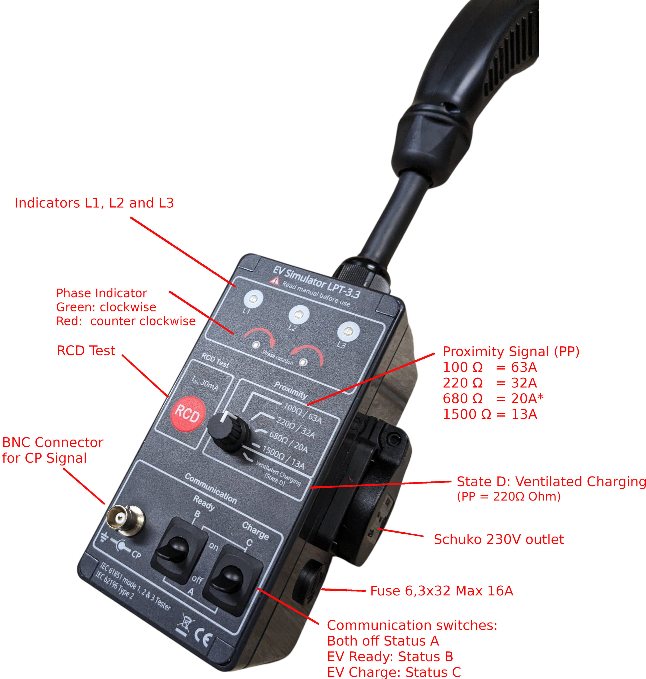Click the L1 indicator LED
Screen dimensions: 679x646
254,299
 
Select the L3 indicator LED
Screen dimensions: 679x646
348,332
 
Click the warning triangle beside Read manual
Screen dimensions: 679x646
274,282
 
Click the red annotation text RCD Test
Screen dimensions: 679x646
86,351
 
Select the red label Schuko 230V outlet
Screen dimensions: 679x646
499,539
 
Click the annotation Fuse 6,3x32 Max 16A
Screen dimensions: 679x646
441,591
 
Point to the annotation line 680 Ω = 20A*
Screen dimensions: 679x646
493,398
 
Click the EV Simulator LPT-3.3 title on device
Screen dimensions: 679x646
316,282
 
